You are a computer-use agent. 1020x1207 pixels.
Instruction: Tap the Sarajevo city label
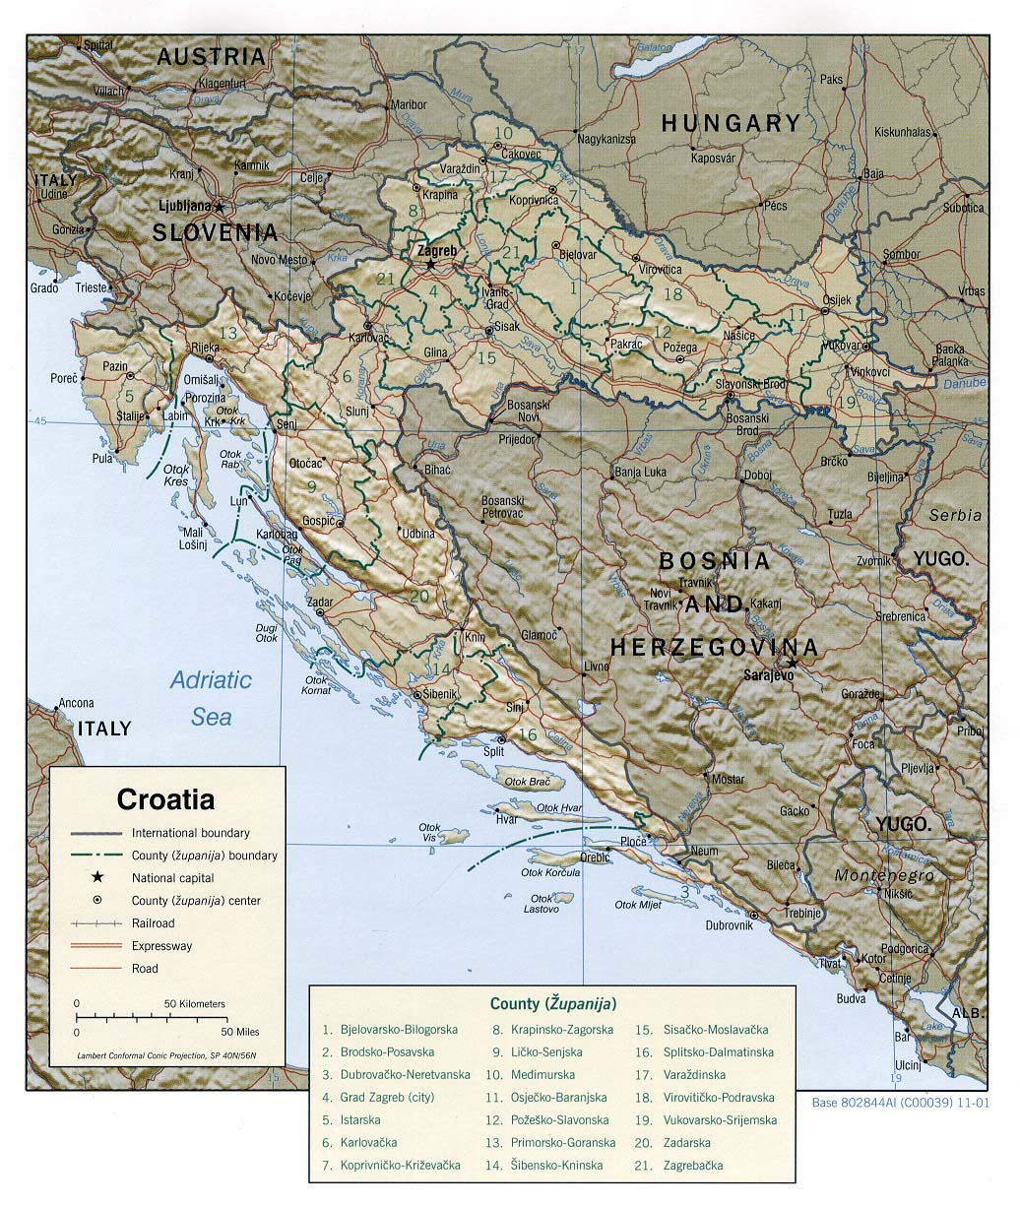coord(767,675)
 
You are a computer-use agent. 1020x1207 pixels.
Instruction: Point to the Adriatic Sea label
coord(211,697)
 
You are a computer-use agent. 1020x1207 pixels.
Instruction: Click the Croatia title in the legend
coord(165,798)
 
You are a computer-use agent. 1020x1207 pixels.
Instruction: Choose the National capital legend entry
coord(172,877)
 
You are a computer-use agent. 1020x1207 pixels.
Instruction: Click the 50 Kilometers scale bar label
coord(194,1003)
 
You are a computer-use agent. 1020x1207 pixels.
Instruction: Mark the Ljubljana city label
coord(185,206)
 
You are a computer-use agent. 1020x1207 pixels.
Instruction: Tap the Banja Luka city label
coord(640,472)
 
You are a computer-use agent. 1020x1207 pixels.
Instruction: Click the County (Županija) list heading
coord(553,1003)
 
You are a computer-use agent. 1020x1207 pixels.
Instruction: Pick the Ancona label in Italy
coord(76,703)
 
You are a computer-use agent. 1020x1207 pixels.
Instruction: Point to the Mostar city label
coord(728,779)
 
